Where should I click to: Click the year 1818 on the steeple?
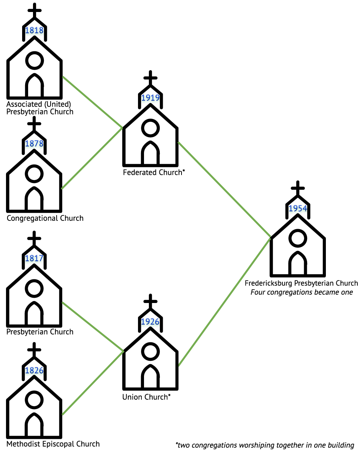pyautogui.click(x=34, y=30)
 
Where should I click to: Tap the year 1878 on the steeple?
pyautogui.click(x=34, y=144)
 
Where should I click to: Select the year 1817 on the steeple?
pyautogui.click(x=34, y=258)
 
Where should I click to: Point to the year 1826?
pyautogui.click(x=34, y=370)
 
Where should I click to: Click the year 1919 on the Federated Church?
pyautogui.click(x=150, y=97)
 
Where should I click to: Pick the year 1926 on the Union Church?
pyautogui.click(x=150, y=321)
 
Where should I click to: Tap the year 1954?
pyautogui.click(x=298, y=208)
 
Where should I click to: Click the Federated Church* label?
pyautogui.click(x=154, y=172)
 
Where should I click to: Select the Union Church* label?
pyautogui.click(x=146, y=397)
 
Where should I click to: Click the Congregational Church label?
pyautogui.click(x=45, y=218)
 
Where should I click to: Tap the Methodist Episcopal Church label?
pyautogui.click(x=53, y=444)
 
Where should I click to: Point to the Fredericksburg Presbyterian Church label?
pyautogui.click(x=301, y=283)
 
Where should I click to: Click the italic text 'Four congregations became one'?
pyautogui.click(x=301, y=292)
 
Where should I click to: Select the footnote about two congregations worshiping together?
pyautogui.click(x=265, y=445)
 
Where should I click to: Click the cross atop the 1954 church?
pyautogui.click(x=298, y=188)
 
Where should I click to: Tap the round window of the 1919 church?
pyautogui.click(x=150, y=128)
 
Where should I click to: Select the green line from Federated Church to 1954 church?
pyautogui.click(x=224, y=190)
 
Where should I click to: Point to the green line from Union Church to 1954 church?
pyautogui.click(x=224, y=302)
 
